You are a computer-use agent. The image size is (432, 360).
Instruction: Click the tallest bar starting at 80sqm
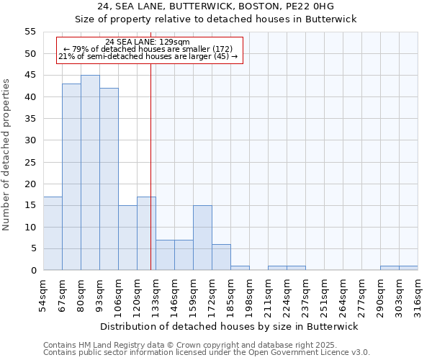[90, 173]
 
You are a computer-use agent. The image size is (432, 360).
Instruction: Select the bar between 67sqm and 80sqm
[71, 177]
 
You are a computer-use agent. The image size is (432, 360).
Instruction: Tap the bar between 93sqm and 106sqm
[109, 179]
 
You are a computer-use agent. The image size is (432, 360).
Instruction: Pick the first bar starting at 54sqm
[53, 233]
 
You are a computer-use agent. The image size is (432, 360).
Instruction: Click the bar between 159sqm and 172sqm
[202, 238]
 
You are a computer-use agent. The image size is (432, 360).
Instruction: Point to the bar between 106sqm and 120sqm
[127, 238]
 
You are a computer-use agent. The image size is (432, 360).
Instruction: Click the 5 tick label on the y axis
[32, 248]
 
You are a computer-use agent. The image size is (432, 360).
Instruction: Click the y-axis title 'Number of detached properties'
[6, 155]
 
